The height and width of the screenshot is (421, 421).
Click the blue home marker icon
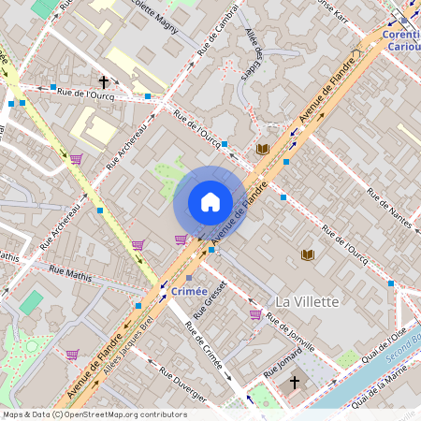tap(210, 202)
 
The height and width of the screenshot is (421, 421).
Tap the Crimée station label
tap(190, 292)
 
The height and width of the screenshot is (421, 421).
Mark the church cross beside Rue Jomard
tap(295, 383)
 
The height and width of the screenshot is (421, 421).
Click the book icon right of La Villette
tap(307, 254)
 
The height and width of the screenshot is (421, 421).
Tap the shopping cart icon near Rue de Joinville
tap(255, 314)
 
